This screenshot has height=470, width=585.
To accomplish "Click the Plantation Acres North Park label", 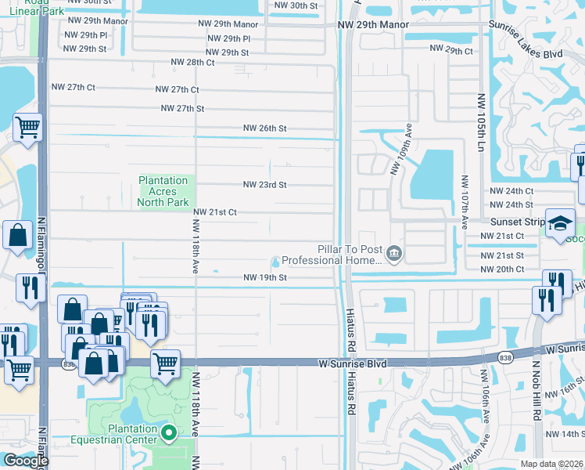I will click(x=163, y=191).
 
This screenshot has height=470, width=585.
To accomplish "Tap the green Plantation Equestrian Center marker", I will click(x=168, y=432).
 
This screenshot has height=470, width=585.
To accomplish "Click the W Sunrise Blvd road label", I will click(x=354, y=364).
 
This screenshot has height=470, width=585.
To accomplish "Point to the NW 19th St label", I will click(x=265, y=277).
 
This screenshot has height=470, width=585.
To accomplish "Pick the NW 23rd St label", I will click(x=265, y=185).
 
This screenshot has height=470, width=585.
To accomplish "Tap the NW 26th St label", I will click(x=265, y=128).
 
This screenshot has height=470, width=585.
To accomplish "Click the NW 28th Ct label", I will click(x=192, y=63).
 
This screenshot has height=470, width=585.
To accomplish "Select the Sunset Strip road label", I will click(x=516, y=222).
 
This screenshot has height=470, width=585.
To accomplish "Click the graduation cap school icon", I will click(x=561, y=222).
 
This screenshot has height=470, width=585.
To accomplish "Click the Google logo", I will click(x=26, y=461).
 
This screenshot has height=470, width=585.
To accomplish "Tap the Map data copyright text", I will click(x=552, y=464).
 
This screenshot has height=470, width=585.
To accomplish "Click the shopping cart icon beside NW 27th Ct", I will click(x=27, y=126).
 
